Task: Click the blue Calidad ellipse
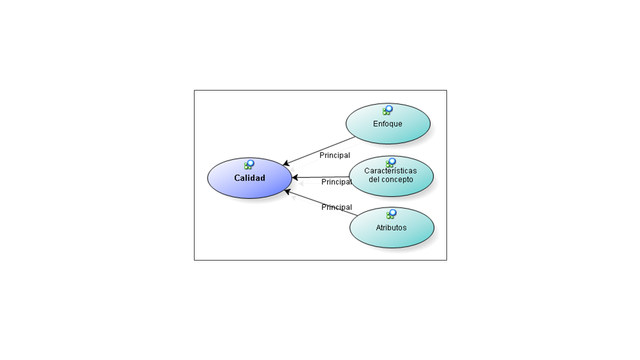pos(249,178)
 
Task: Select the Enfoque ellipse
pos(388,123)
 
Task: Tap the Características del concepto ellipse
pos(391,176)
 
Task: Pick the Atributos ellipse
pos(391,227)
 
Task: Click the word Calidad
pos(249,178)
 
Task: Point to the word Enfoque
pos(387,123)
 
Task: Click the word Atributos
pos(391,227)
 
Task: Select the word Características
pos(390,170)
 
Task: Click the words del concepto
pos(390,179)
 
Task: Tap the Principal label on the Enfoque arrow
pos(334,155)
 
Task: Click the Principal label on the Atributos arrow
pos(336,207)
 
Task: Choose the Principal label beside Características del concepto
pos(336,182)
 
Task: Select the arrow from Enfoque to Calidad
pos(319,151)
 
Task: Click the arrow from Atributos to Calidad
pos(321,203)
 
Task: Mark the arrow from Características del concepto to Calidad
pos(320,177)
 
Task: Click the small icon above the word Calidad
pos(249,164)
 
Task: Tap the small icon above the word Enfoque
pos(387,110)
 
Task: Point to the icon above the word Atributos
pos(391,214)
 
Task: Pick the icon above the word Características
pos(391,162)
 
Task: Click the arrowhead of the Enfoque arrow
pos(286,163)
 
